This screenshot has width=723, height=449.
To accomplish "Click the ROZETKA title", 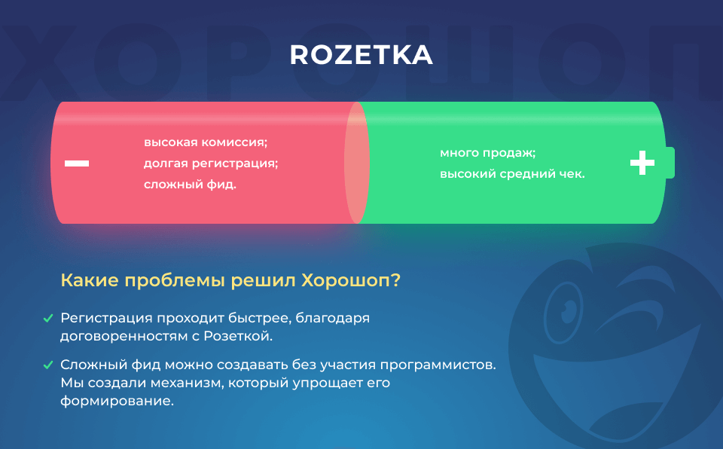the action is [361, 55].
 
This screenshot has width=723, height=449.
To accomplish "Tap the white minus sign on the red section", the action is [77, 163].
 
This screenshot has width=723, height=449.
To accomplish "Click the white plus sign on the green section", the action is [642, 163].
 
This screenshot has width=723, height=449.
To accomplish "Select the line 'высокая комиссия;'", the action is [206, 142].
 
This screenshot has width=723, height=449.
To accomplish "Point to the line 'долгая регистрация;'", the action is [211, 163].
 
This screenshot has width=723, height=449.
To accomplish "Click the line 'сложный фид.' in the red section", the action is [190, 185].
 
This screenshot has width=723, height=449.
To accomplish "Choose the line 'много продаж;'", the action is [488, 153].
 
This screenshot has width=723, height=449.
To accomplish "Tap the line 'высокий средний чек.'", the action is [512, 174].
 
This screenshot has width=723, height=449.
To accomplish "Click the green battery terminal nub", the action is [670, 163].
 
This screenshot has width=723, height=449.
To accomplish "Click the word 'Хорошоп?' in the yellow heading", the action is [351, 280].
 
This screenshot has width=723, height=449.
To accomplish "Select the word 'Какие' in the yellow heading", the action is [90, 280].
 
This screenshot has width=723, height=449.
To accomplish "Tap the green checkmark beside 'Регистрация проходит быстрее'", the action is [48, 319].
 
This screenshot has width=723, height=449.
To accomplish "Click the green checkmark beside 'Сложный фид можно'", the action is [48, 365].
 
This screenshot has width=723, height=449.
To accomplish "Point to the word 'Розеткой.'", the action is [239, 337].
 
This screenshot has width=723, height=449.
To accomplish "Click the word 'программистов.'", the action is [438, 365].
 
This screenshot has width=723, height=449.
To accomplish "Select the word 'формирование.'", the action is [117, 401].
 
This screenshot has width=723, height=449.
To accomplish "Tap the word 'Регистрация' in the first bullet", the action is [106, 319].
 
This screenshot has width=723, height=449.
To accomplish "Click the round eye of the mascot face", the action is [563, 312].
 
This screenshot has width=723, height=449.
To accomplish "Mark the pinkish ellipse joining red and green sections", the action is [357, 163].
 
